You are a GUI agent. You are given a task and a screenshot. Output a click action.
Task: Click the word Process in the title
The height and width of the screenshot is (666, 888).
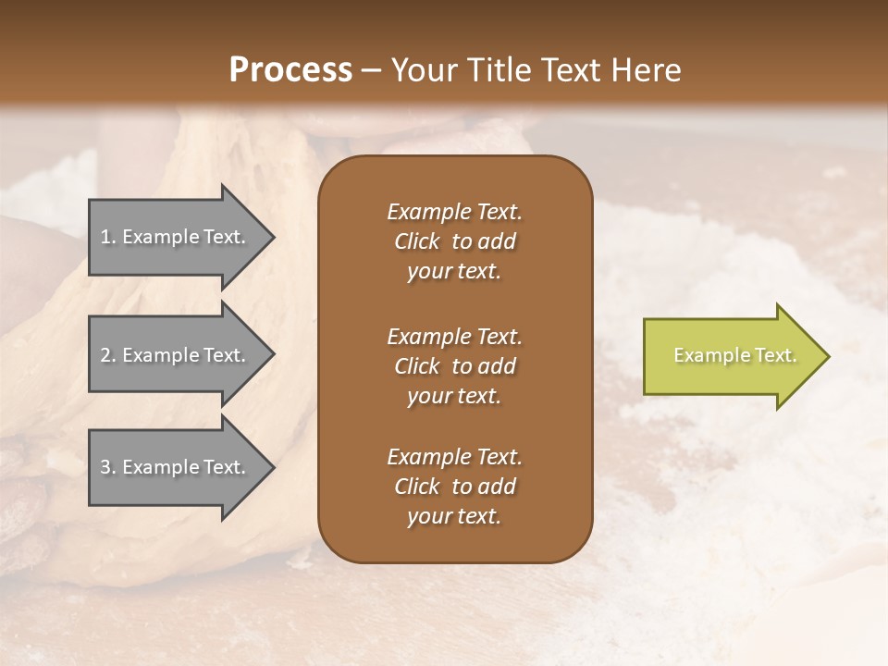(x=290, y=70)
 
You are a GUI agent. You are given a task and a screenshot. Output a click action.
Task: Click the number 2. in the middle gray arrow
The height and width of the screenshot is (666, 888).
(x=108, y=355)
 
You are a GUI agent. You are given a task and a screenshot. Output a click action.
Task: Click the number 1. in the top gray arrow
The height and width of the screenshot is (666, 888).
(x=107, y=237)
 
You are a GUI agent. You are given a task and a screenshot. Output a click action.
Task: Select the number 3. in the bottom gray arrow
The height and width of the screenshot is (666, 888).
(x=108, y=467)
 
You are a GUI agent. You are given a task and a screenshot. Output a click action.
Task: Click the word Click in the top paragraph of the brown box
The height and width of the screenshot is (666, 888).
(x=417, y=241)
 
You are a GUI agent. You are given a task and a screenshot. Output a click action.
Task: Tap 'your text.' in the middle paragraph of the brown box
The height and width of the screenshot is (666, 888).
(x=454, y=396)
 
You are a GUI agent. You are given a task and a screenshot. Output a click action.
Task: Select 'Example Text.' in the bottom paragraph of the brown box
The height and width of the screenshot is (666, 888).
(x=454, y=457)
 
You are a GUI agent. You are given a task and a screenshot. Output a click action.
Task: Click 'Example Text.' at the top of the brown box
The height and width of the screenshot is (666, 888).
(x=454, y=212)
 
